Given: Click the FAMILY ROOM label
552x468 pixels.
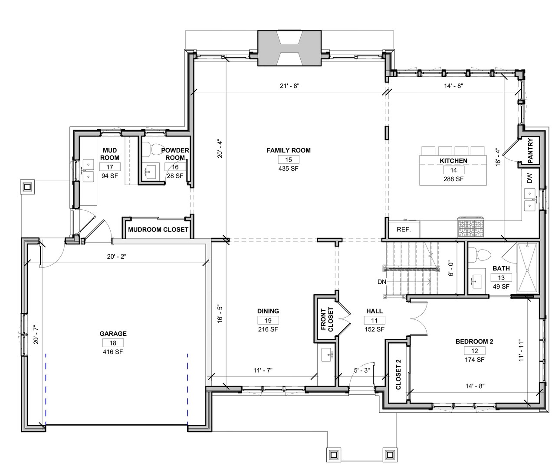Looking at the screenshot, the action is click(x=289, y=150).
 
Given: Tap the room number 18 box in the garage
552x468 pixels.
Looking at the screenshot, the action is click(x=113, y=343).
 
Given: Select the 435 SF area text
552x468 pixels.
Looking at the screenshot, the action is click(x=289, y=169).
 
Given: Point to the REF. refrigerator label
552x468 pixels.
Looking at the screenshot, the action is click(x=404, y=230).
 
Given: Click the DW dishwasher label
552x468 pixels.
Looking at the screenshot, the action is click(x=530, y=178).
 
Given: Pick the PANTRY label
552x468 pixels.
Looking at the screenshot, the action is click(x=530, y=151).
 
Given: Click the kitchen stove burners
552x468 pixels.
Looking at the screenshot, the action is click(x=471, y=227).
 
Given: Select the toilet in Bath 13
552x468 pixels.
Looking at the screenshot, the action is click(x=480, y=253).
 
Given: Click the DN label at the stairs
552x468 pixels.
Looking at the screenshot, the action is click(x=382, y=282).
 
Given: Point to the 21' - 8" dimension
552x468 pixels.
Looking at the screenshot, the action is click(x=289, y=86).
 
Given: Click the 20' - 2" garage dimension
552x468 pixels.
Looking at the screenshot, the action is click(x=117, y=257).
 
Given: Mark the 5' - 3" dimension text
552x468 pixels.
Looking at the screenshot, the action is click(x=362, y=370).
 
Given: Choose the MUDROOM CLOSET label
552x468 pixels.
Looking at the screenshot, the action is click(x=158, y=230).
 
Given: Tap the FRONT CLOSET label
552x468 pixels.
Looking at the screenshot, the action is click(x=327, y=320).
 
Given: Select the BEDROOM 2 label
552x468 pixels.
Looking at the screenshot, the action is click(x=474, y=341).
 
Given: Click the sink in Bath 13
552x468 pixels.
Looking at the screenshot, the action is click(x=477, y=282).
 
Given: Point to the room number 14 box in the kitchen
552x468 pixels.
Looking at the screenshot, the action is click(x=453, y=170).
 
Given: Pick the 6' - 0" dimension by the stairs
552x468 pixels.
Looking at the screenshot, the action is click(x=451, y=268).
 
